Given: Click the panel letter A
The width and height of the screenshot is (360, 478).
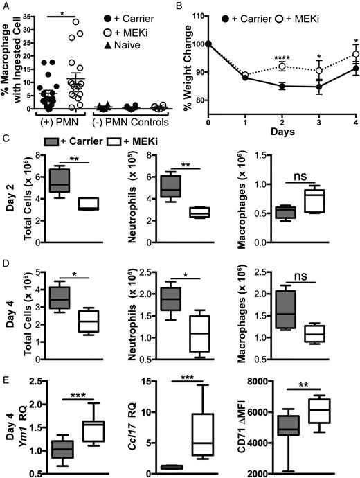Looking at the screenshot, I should pyautogui.click(x=6, y=6).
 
